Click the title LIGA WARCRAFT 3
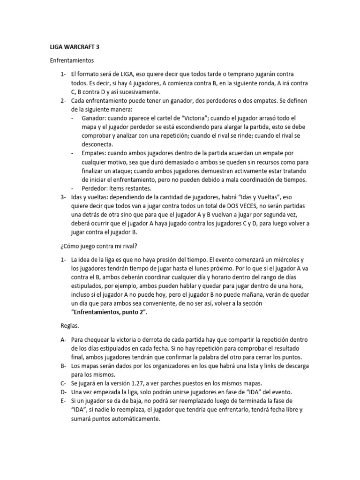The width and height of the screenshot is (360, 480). (x=75, y=47)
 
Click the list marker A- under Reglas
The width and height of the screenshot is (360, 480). (x=64, y=339)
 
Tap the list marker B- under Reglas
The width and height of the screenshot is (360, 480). (x=64, y=366)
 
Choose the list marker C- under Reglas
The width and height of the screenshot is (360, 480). (x=64, y=383)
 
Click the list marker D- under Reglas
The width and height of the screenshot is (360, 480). (x=64, y=392)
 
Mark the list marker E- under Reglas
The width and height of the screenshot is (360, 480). (x=64, y=401)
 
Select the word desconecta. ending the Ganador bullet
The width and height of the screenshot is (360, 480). (x=97, y=144)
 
